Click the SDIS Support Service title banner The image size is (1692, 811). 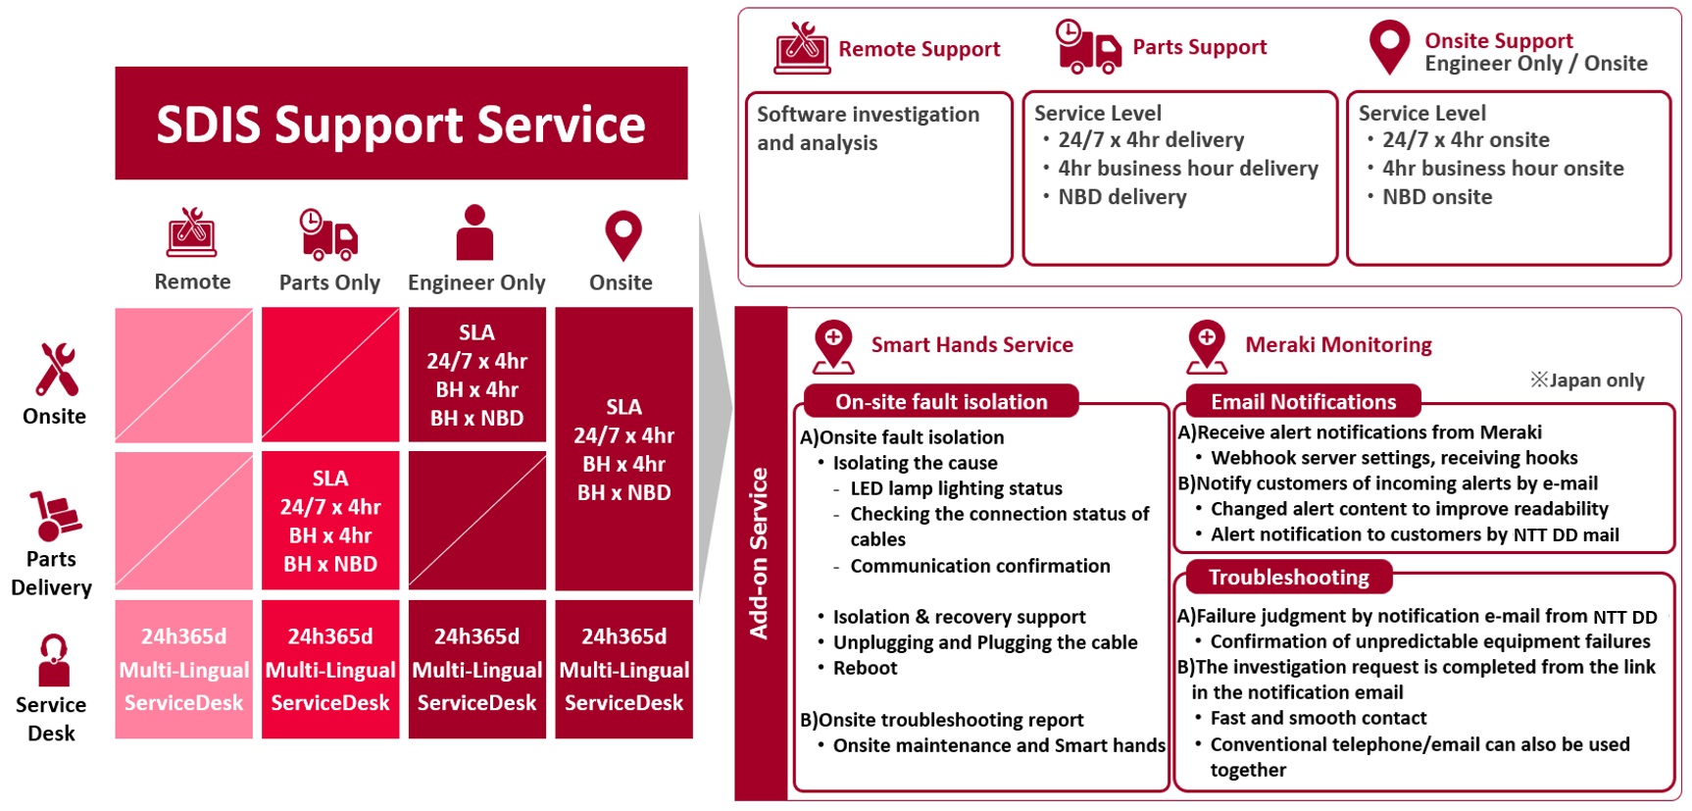click(401, 124)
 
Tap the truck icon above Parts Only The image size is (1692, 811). click(328, 234)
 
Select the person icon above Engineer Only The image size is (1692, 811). click(475, 233)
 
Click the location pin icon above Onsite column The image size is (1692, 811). click(622, 235)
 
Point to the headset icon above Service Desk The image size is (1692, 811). click(53, 660)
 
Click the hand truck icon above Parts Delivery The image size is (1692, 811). click(54, 516)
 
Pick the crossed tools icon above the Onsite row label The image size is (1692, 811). click(56, 369)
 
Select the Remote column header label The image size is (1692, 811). click(192, 282)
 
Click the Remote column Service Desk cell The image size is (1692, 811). click(183, 669)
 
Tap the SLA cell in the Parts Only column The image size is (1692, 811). click(330, 521)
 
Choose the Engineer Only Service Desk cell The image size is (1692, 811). click(476, 669)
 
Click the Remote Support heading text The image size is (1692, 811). click(919, 49)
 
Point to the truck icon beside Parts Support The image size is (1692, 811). click(1088, 47)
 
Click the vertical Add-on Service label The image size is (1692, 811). click(760, 553)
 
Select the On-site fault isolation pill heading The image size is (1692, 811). click(941, 401)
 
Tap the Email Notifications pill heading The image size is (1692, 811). click(1303, 401)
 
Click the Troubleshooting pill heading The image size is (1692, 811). click(1288, 577)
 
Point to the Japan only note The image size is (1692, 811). click(1587, 380)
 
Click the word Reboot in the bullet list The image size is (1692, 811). click(865, 668)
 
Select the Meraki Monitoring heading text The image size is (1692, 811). click(1338, 345)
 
